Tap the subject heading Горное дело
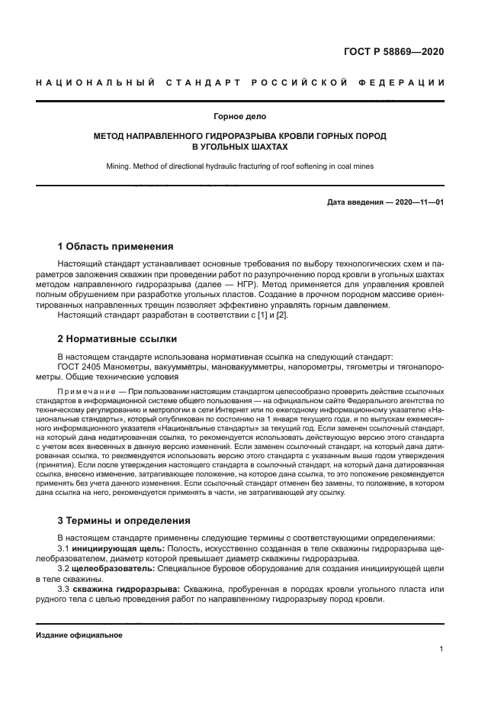coord(239,116)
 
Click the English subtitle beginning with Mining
coord(239,166)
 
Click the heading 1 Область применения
coord(116,246)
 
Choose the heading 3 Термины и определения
coord(124,521)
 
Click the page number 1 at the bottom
coord(441,649)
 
